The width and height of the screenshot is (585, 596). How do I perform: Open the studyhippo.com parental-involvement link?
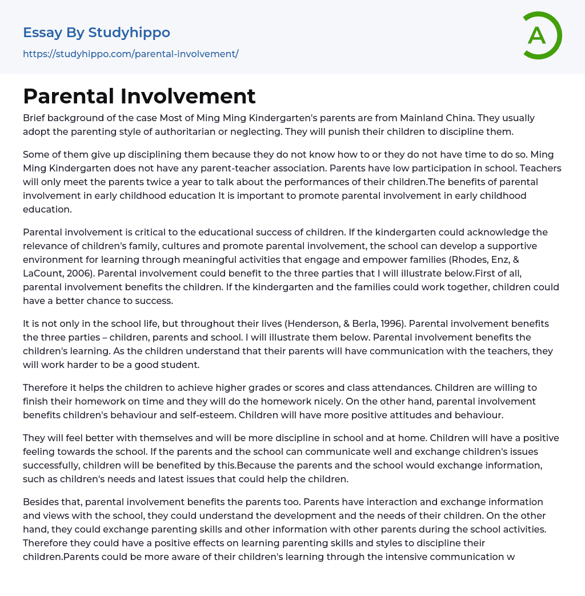pyautogui.click(x=130, y=54)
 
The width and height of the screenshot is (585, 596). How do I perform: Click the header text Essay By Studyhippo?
pyautogui.click(x=97, y=33)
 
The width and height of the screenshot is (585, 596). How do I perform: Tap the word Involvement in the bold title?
pyautogui.click(x=188, y=96)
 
